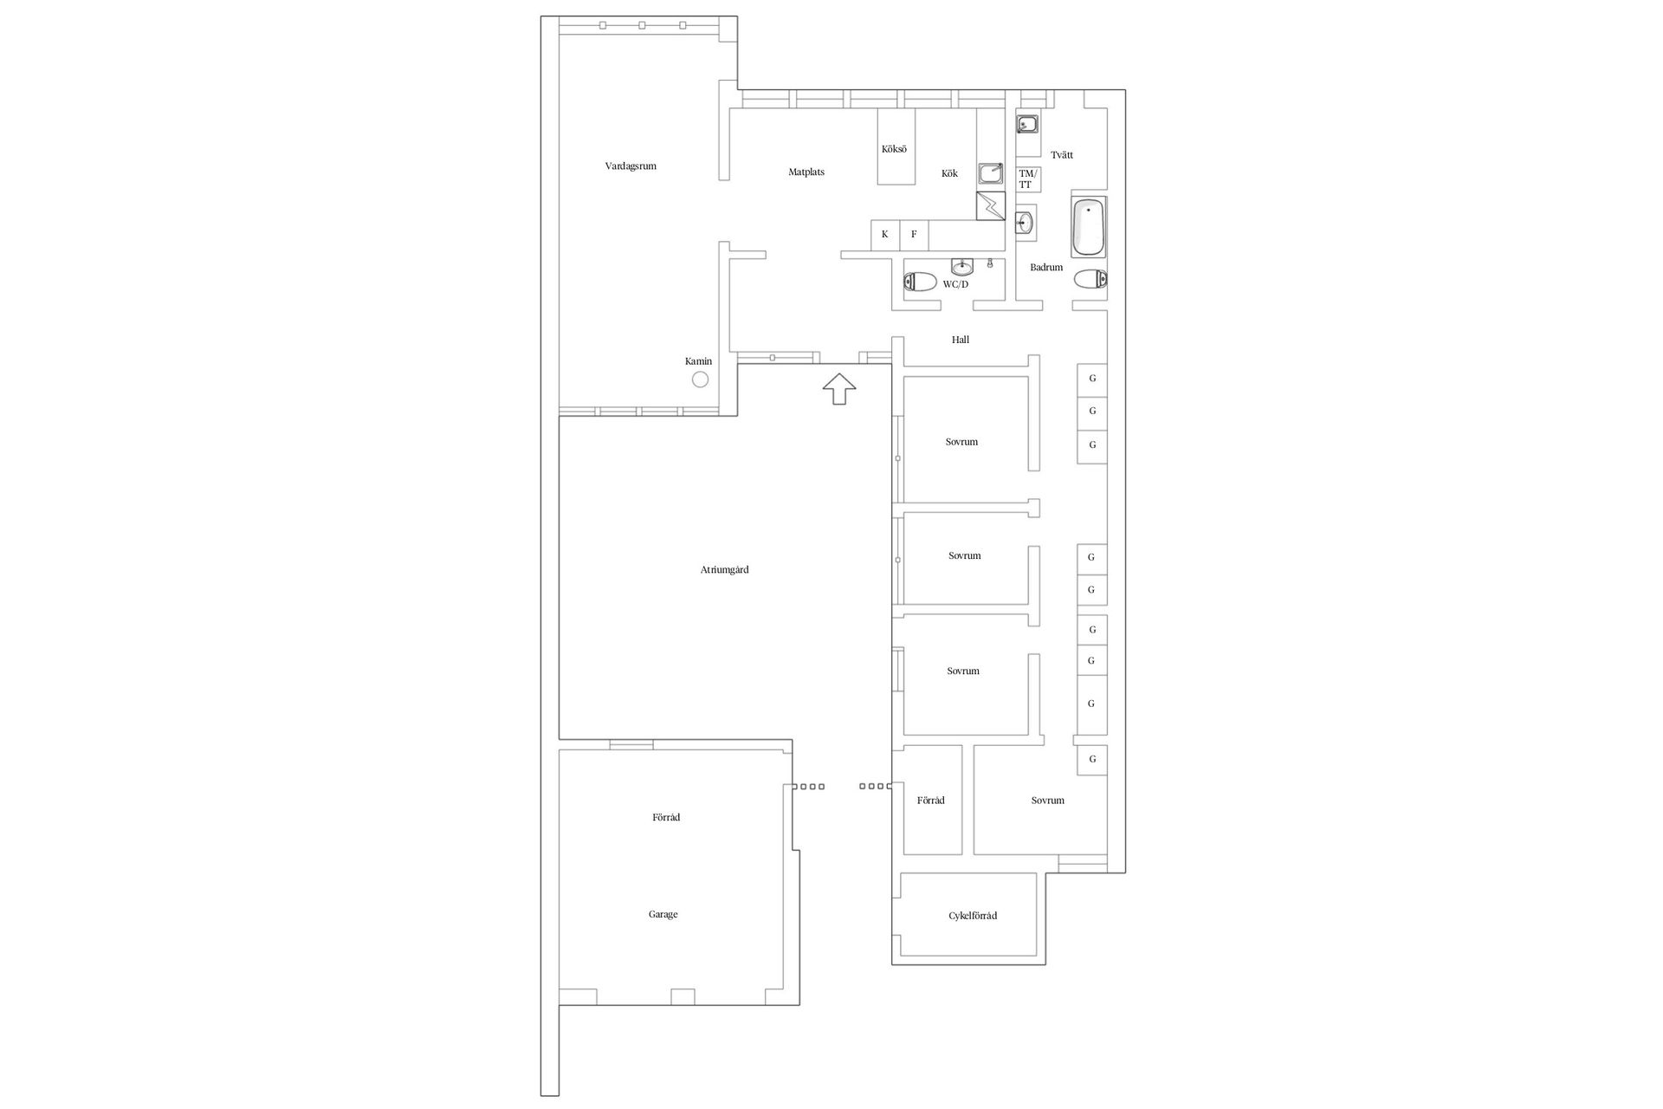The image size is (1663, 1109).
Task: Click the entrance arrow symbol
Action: [x=838, y=388]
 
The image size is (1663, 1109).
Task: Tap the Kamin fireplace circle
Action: [x=700, y=379]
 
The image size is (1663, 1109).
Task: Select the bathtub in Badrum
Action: [x=1089, y=227]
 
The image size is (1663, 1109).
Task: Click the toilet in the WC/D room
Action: [x=919, y=282]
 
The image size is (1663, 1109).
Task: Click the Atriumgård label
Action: [x=724, y=570]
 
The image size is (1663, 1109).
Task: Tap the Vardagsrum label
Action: [x=631, y=165]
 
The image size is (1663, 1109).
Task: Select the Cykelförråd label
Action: [x=972, y=916]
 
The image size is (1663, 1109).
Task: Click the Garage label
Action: [x=663, y=914]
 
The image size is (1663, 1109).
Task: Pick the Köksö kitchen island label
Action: [x=894, y=149]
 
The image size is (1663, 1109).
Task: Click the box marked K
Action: [x=884, y=234]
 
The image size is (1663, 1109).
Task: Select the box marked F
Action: [x=914, y=234]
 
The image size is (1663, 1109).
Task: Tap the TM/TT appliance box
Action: [x=1026, y=179]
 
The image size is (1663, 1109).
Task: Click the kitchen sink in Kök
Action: [x=990, y=173]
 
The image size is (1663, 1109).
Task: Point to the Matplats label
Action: [x=806, y=172]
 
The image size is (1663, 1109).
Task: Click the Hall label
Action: [x=961, y=340]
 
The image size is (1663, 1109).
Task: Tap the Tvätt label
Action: [x=1062, y=155]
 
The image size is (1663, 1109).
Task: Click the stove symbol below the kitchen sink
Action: [x=990, y=206]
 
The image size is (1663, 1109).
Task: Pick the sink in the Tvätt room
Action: [x=1027, y=125]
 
